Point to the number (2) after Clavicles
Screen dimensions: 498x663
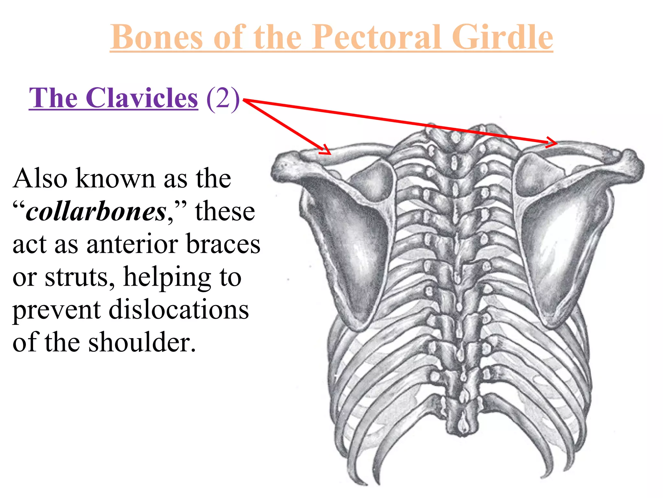coord(223,98)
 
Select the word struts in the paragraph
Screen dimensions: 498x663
coord(79,277)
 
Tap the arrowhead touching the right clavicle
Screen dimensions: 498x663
coord(552,142)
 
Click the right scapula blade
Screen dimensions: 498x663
coord(560,246)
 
